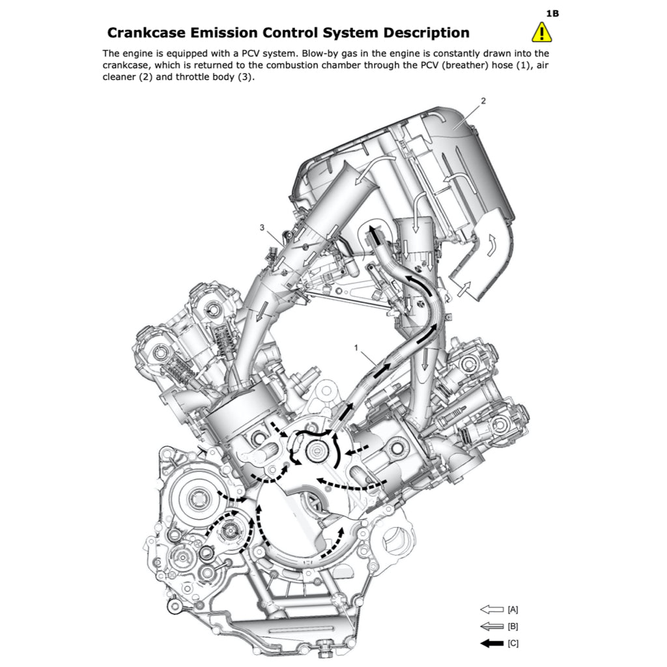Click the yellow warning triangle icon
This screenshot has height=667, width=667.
point(541,33)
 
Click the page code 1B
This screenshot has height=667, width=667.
point(552,14)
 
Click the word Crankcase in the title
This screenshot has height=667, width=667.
point(147,33)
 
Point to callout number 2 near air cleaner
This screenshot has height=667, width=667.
point(483,101)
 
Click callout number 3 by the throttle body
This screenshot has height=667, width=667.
point(262,227)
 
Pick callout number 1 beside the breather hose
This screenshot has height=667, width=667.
point(356,348)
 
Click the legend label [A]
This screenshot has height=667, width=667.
point(513,610)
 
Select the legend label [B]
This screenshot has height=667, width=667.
point(513,626)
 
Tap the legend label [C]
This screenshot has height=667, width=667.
point(513,643)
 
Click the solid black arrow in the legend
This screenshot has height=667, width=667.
point(492,643)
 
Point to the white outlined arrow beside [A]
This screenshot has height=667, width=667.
point(492,610)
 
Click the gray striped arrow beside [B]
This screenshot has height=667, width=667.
point(492,626)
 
